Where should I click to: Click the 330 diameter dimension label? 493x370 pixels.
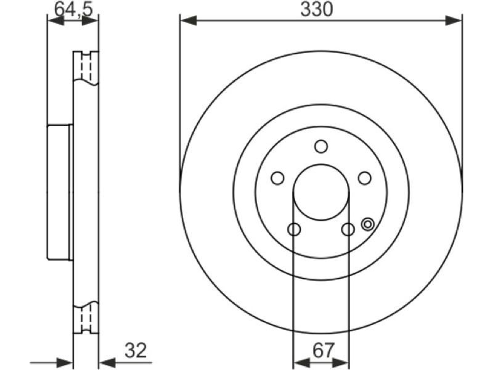pyautogui.click(x=316, y=9)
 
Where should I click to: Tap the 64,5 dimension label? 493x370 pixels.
pyautogui.click(x=74, y=9)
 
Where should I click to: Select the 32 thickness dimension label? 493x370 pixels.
pyautogui.click(x=136, y=350)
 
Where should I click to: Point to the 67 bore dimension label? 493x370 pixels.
pyautogui.click(x=323, y=350)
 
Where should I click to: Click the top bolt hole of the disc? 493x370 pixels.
pyautogui.click(x=321, y=147)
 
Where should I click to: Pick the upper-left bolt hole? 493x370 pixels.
pyautogui.click(x=277, y=178)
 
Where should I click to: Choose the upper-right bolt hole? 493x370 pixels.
pyautogui.click(x=365, y=178)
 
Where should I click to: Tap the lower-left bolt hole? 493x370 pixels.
pyautogui.click(x=294, y=229)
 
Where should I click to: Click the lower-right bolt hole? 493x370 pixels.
pyautogui.click(x=348, y=229)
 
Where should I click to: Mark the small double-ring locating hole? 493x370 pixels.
pyautogui.click(x=367, y=224)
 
